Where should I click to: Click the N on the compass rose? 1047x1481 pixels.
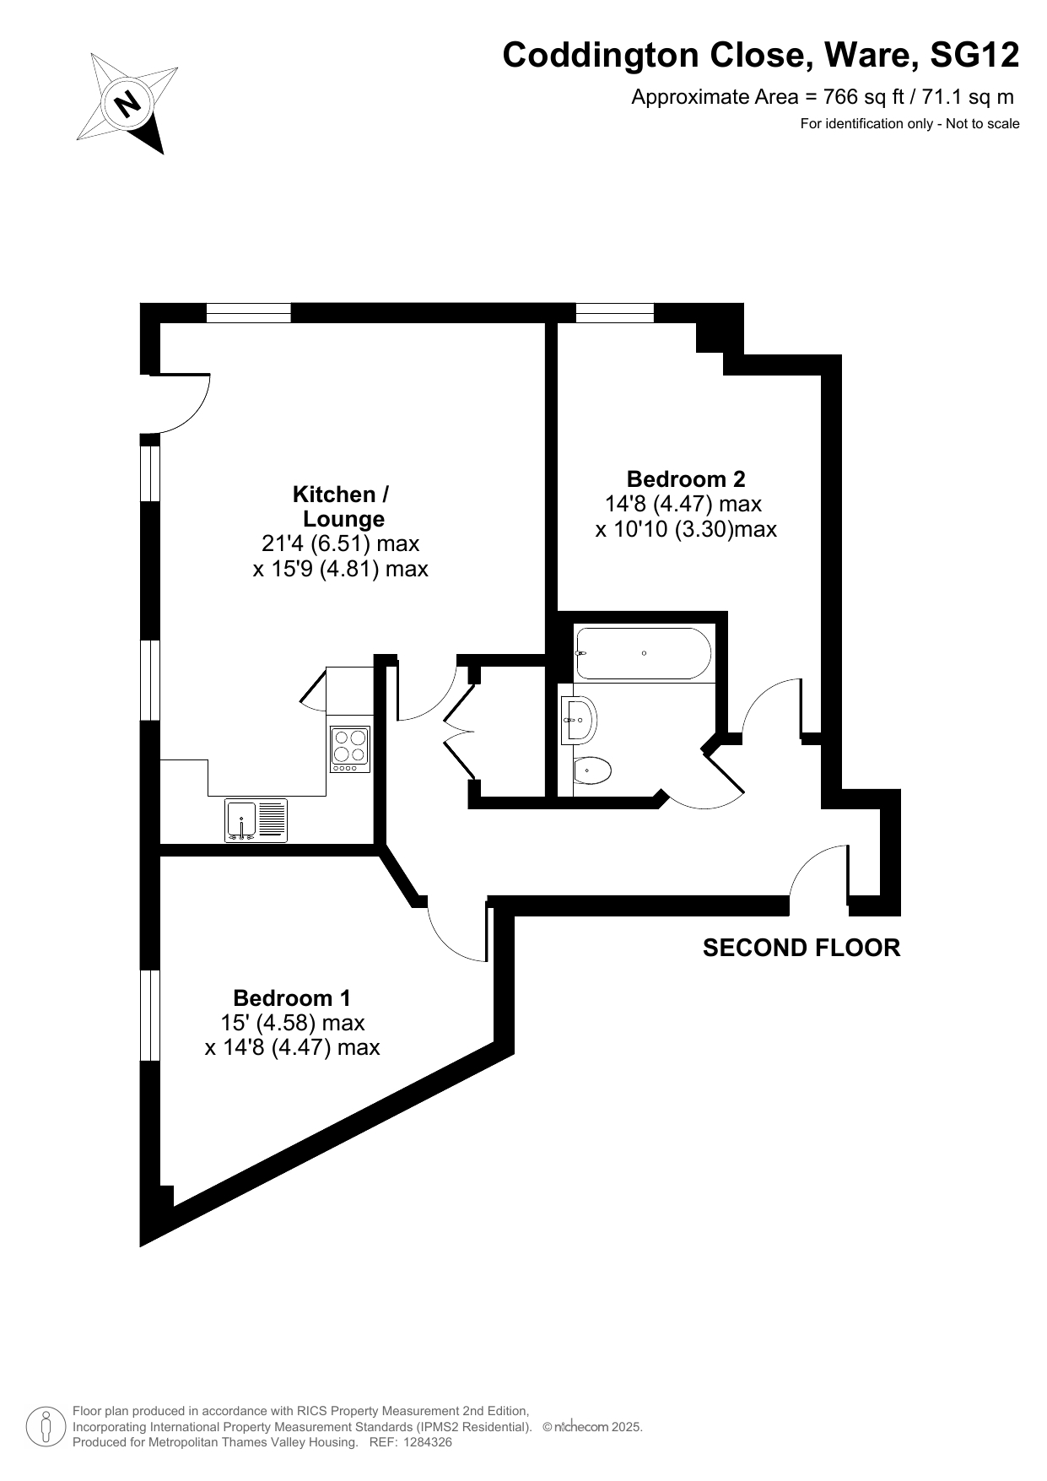(128, 104)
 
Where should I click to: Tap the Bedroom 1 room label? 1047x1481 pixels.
(292, 997)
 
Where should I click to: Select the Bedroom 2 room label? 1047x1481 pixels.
(686, 478)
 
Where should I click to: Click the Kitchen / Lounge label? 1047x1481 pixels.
(342, 506)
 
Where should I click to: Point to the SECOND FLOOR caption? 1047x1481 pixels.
(801, 948)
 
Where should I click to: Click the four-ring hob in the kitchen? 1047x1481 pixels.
(350, 749)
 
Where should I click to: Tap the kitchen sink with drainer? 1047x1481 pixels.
(256, 820)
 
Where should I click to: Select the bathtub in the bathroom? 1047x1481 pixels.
(644, 653)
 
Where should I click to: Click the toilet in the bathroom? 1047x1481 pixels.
(592, 770)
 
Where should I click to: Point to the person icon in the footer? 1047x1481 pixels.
(46, 1426)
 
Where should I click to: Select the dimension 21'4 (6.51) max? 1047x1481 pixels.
(341, 543)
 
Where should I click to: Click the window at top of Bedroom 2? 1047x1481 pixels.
(615, 313)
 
